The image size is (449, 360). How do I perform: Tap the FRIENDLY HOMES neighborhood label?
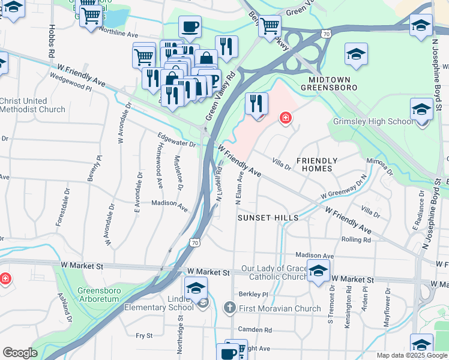click(x=316, y=164)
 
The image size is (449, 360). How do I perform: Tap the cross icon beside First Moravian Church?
click(x=229, y=308)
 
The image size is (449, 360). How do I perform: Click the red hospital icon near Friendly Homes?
click(x=286, y=118)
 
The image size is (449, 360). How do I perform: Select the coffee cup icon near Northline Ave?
click(x=190, y=27)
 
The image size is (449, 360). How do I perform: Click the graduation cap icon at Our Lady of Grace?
click(x=318, y=270)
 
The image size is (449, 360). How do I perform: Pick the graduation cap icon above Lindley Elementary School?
click(x=196, y=288)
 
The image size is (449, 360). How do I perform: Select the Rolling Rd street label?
click(x=372, y=239)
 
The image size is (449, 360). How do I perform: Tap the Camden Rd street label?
click(x=255, y=329)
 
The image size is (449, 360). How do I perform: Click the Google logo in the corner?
click(x=20, y=353)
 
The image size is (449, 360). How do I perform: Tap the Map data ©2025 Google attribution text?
click(x=412, y=355)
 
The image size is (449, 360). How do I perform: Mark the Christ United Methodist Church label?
click(x=33, y=105)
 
